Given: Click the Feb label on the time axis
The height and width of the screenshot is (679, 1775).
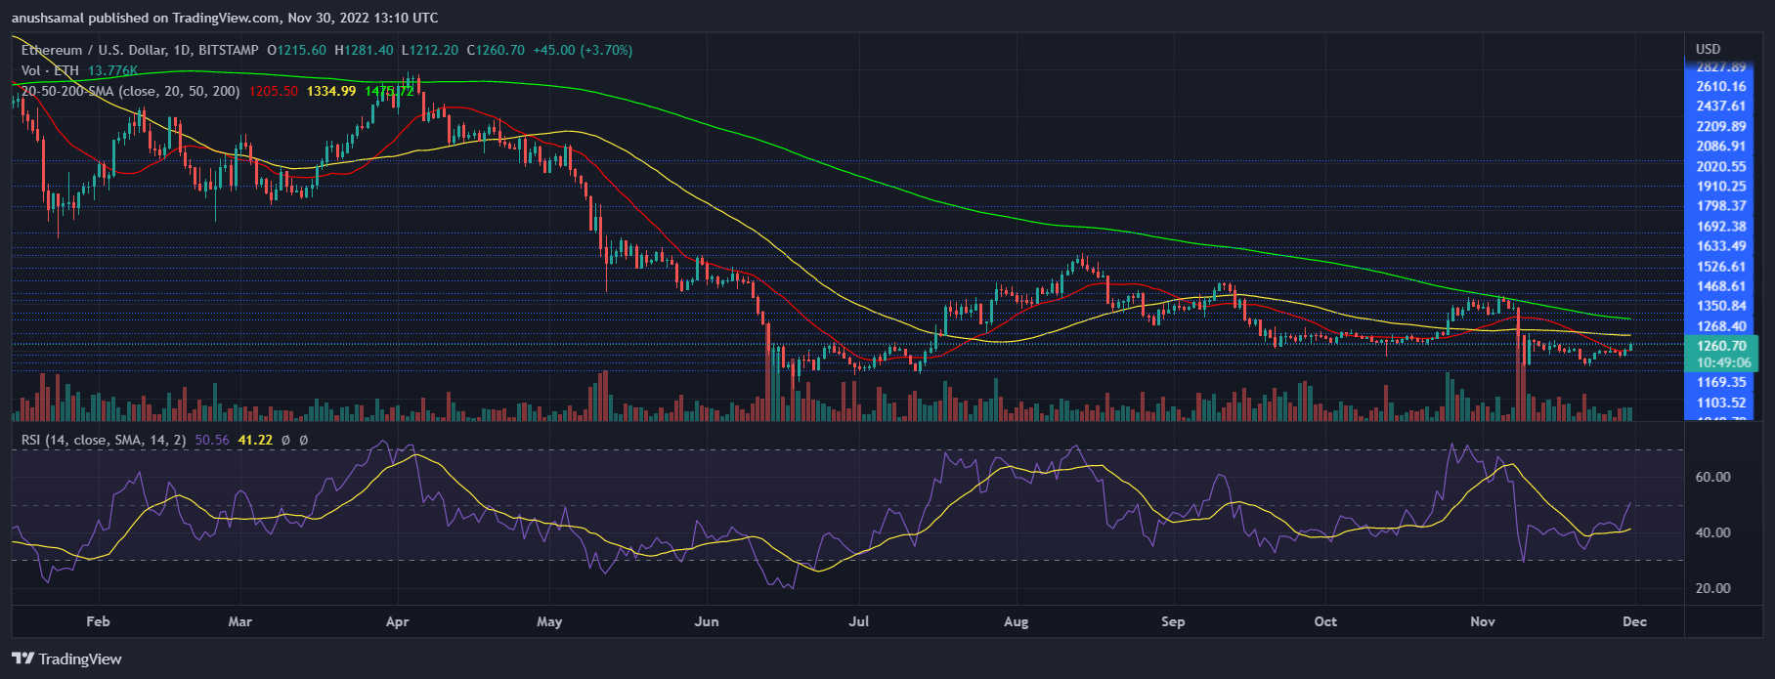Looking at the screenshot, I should (98, 621).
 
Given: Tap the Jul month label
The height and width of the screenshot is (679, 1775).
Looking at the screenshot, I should (859, 621).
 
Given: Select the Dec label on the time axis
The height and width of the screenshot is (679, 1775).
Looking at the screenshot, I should (1635, 621).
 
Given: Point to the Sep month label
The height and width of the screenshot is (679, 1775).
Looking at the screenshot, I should (1173, 621).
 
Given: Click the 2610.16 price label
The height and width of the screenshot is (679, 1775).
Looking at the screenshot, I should (1721, 87).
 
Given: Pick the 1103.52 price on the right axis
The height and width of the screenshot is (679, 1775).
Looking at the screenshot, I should (1721, 403).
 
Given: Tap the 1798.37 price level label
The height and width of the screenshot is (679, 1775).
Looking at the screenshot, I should (1721, 206).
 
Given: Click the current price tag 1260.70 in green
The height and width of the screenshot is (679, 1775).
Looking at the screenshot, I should (1722, 346).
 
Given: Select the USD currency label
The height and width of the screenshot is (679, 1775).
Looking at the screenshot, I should (1708, 49).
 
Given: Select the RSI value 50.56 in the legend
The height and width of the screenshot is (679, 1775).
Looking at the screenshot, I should (211, 441).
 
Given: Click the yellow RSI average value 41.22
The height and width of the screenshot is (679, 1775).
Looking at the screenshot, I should (255, 441).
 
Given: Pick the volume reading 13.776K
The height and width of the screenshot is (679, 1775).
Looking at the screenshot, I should (112, 70).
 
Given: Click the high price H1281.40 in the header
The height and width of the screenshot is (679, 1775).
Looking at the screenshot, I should (364, 50).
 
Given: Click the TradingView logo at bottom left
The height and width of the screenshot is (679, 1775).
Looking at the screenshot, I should (66, 658).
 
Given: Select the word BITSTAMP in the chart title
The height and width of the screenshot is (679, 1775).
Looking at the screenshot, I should (229, 50).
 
